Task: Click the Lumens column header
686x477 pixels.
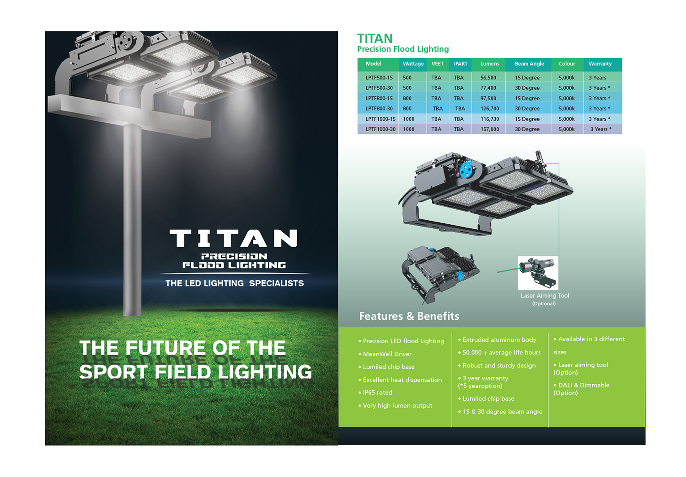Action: click(x=489, y=64)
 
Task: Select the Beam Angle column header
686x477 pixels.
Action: click(x=529, y=64)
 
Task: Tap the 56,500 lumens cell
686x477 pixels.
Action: click(x=488, y=78)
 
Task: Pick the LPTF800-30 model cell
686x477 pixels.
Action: click(x=379, y=109)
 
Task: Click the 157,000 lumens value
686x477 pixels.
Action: click(x=490, y=129)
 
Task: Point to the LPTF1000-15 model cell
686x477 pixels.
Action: click(x=381, y=119)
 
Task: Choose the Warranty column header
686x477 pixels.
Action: click(x=600, y=64)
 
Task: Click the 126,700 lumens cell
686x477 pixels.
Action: click(x=490, y=109)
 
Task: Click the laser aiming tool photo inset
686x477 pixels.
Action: click(x=538, y=273)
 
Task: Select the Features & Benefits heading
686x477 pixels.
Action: click(x=409, y=316)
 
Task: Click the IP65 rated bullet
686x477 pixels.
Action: click(x=375, y=392)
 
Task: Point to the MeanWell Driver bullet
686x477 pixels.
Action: click(x=385, y=354)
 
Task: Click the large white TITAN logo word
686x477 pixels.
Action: click(x=233, y=238)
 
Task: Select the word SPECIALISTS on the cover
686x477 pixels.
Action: click(x=276, y=283)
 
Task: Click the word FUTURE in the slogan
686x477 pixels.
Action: click(x=166, y=348)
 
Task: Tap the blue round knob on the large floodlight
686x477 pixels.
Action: click(x=467, y=170)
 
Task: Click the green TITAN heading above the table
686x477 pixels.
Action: click(x=375, y=38)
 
